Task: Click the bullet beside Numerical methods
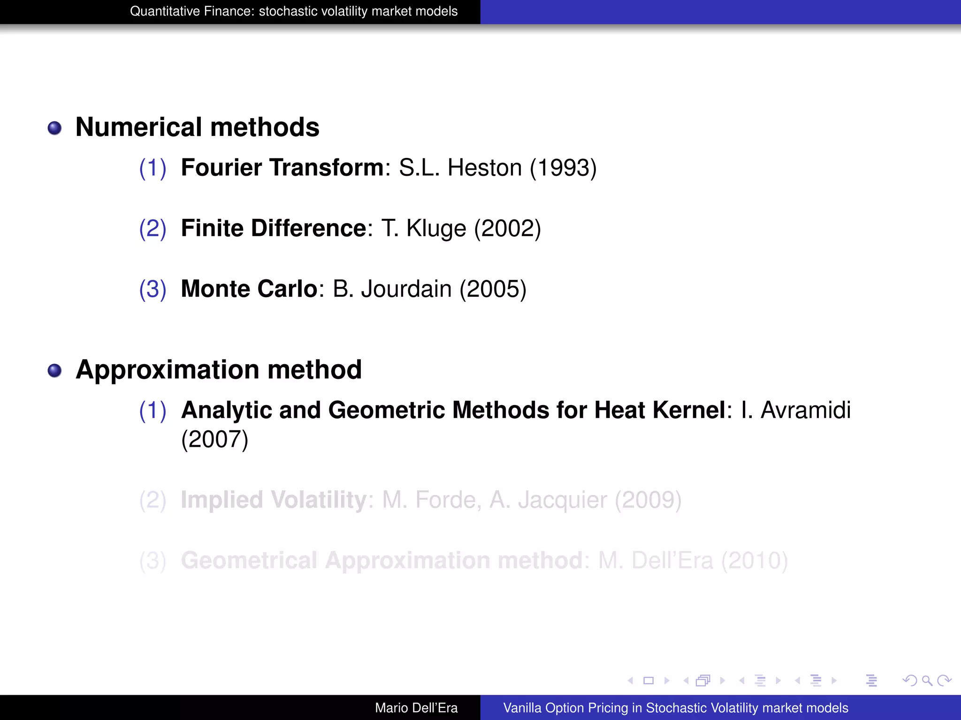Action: (55, 128)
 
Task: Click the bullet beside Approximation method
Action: (55, 371)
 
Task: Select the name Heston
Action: (485, 168)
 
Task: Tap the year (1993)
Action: (563, 168)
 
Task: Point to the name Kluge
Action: (436, 228)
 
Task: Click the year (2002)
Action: (508, 228)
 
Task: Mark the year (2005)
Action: (493, 289)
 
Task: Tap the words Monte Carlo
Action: (249, 289)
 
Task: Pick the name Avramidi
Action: (806, 410)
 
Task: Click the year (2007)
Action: (215, 439)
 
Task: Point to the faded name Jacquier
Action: (562, 500)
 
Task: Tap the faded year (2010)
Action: (755, 561)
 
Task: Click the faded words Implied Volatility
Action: (274, 500)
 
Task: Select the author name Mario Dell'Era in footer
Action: (416, 708)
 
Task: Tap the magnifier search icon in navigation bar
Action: (927, 681)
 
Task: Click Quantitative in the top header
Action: (160, 11)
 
